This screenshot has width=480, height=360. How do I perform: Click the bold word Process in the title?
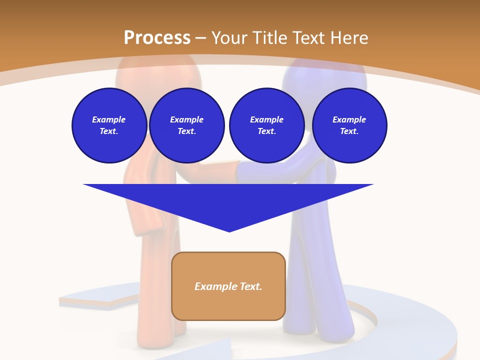(x=157, y=38)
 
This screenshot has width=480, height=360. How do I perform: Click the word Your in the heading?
(x=229, y=38)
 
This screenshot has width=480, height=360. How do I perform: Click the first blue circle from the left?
(x=109, y=125)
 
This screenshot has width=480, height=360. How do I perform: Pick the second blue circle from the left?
(x=187, y=125)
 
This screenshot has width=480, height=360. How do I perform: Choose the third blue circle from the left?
(x=266, y=125)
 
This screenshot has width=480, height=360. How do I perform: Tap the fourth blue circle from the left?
(x=349, y=125)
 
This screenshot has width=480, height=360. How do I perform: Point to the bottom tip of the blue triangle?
(x=229, y=230)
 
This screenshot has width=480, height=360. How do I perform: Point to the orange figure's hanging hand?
(x=145, y=220)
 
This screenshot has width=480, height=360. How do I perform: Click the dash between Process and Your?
(x=201, y=38)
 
